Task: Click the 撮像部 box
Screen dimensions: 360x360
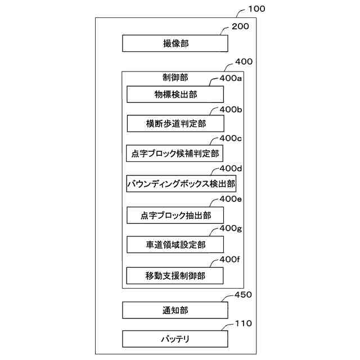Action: pos(175,43)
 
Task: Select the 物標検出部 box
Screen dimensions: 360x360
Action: pos(175,94)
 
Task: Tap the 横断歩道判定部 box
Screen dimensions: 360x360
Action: pos(175,124)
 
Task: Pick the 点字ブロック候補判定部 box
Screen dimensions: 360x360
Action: pos(175,153)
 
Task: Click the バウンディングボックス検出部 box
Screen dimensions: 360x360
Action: pos(181,183)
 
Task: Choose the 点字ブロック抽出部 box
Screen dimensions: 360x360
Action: pos(175,214)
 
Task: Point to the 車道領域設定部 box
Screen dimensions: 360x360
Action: pos(175,245)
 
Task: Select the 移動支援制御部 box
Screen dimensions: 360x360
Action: pos(175,276)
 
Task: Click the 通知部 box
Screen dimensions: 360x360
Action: pos(175,309)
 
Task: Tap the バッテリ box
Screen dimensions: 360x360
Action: pos(175,339)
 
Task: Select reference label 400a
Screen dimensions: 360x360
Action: pos(231,79)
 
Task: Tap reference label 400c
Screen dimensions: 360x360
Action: pos(231,138)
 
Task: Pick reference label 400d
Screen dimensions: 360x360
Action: pos(231,168)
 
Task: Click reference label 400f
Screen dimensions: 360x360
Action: pos(230,259)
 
